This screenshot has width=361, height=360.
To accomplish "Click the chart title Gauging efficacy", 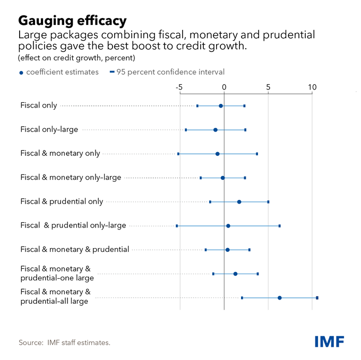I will tap(72, 21).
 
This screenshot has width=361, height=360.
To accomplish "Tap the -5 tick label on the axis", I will tap(179, 87).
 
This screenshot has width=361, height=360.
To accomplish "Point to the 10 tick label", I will tap(312, 87).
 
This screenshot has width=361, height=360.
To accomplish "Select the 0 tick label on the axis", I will tap(224, 87).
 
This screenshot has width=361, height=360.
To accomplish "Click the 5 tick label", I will tap(268, 87).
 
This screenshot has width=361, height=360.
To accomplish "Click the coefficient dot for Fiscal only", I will tap(221, 106).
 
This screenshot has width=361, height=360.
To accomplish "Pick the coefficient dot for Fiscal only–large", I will tap(216, 130).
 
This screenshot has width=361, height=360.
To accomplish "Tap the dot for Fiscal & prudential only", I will tap(239, 202).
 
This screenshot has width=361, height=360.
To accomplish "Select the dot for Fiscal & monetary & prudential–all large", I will tap(280, 298).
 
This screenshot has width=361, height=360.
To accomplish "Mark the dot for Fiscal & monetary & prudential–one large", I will tap(235, 274).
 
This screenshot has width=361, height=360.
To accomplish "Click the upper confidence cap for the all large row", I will tap(317, 298).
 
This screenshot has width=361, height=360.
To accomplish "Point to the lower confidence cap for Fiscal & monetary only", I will tap(178, 154).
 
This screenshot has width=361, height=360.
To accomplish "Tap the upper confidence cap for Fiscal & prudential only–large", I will tap(280, 226).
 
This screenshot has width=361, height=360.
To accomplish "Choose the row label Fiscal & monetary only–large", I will tap(71, 177).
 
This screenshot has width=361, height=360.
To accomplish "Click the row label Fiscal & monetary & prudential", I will tap(74, 249).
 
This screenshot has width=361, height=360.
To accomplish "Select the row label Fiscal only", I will tap(39, 106).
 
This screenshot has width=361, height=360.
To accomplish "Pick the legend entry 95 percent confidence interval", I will tap(170, 72).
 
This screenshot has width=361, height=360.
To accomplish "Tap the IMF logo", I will tap(329, 341).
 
